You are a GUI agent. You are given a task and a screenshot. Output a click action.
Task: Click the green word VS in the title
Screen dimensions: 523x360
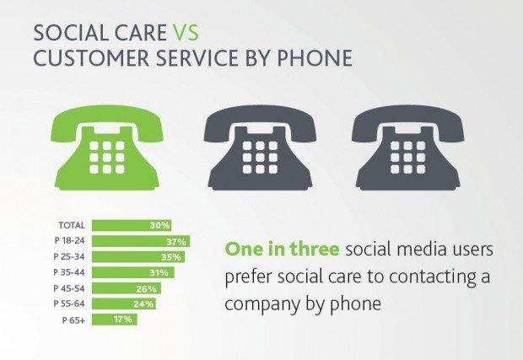pos(186,33)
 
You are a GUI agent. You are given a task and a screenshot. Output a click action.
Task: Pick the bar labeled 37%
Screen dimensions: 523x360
pos(141,241)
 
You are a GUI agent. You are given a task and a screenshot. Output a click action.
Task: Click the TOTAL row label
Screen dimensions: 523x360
pos(72,225)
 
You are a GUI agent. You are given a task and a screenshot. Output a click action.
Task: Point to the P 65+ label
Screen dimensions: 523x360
pos(73,320)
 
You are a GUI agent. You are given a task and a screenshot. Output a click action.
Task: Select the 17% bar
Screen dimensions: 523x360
pos(115,320)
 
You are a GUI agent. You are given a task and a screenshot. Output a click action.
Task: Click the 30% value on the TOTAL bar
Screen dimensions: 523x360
pos(159,225)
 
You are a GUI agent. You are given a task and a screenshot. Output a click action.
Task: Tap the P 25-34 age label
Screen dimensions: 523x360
pos(69,256)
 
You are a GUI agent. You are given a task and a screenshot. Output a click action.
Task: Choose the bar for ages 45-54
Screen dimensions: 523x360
pos(127,288)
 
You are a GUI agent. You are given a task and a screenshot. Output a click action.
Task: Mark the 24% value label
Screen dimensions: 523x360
pos(143,304)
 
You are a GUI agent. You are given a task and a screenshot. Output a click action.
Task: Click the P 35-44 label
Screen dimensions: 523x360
pos(69,272)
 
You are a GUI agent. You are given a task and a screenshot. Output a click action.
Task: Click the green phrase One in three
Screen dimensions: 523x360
pos(283,249)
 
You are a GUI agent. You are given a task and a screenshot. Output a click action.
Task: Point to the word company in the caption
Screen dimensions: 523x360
pos(262,304)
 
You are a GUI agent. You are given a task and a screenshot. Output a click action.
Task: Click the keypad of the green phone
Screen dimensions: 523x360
pos(107,158)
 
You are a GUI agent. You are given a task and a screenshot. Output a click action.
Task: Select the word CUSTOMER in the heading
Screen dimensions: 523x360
pos(91,57)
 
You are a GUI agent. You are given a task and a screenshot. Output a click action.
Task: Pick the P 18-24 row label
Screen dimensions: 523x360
pos(70,240)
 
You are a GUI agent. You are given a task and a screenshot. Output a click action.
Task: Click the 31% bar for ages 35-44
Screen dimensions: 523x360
pos(133,272)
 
